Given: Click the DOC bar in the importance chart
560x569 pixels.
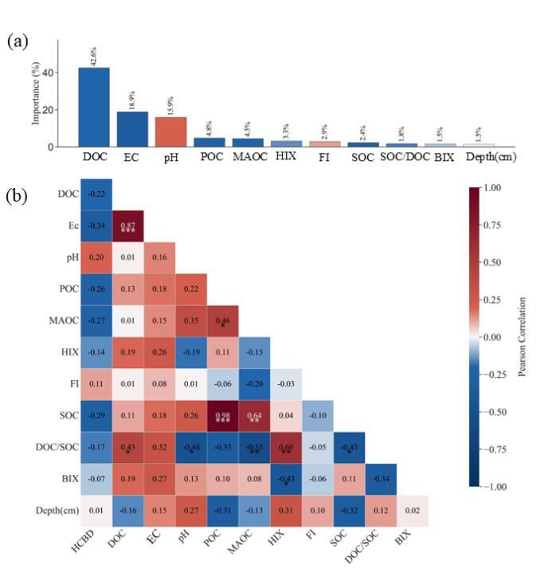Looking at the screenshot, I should click(93, 107).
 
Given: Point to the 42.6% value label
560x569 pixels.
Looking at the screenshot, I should click(94, 57).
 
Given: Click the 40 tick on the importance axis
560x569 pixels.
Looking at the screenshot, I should click(49, 73).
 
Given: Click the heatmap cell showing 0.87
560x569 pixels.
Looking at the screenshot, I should click(127, 226).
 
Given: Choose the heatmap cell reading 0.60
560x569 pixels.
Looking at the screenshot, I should click(286, 447).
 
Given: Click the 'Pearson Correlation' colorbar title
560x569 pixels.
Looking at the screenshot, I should click(523, 336).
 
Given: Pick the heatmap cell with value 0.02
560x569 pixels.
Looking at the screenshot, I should click(412, 509).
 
